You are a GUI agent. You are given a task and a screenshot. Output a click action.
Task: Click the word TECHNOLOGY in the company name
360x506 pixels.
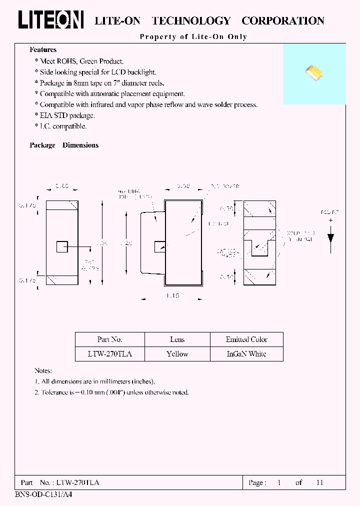point(191,21)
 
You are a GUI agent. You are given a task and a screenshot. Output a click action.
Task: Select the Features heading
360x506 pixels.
point(43,50)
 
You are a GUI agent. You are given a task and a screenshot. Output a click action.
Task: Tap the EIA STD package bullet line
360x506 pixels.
point(67,115)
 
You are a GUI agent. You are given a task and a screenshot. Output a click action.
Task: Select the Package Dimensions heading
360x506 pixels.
point(64,145)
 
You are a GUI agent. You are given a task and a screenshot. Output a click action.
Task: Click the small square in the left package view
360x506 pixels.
point(62,246)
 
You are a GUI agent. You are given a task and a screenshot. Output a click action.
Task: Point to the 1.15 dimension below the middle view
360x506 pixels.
point(172,296)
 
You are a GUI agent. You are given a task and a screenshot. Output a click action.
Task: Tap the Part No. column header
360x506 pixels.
point(110,339)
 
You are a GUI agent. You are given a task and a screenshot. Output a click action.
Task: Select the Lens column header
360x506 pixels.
point(177,339)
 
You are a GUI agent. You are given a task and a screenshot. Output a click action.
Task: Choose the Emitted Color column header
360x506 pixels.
point(246,339)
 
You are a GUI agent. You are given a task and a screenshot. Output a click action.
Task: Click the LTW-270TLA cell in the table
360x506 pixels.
point(110,354)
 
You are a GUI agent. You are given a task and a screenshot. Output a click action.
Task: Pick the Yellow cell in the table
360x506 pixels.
point(177,354)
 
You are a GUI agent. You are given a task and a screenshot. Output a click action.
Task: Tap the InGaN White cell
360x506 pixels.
point(246,354)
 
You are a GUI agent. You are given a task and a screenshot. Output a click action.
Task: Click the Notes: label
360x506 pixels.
point(43,371)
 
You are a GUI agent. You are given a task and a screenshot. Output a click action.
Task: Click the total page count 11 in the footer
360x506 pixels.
point(320,482)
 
